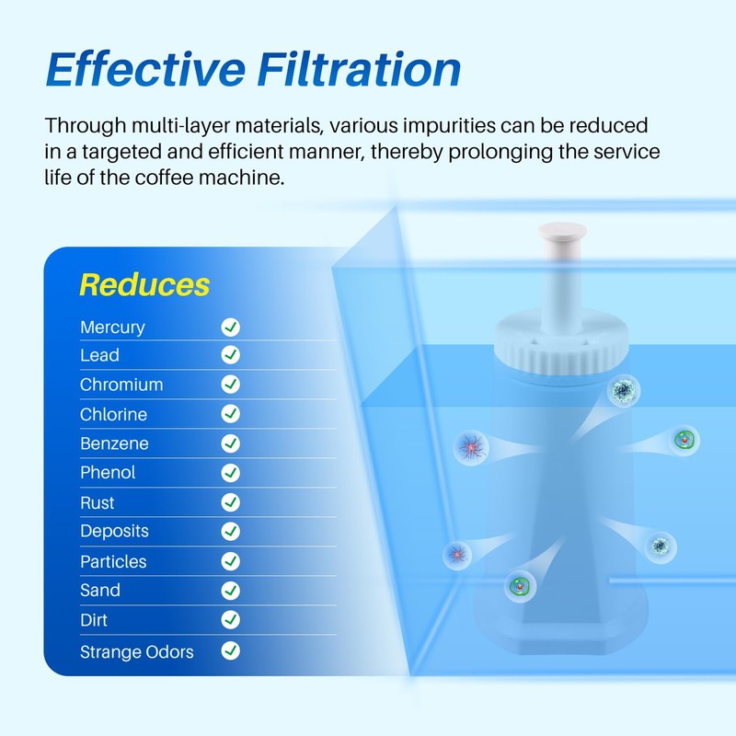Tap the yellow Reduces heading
[x=144, y=284]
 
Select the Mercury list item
[x=112, y=327]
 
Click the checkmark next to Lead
[x=230, y=355]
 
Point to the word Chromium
[x=121, y=385]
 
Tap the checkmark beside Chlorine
[x=230, y=414]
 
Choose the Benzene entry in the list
[x=114, y=443]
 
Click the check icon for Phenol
[x=230, y=473]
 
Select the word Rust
[x=98, y=502]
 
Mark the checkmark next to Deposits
[x=230, y=531]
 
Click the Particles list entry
[x=113, y=561]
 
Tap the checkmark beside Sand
[x=230, y=591]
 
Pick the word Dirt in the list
[x=95, y=620]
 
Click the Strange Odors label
[x=137, y=651]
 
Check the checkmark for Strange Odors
[x=230, y=651]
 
